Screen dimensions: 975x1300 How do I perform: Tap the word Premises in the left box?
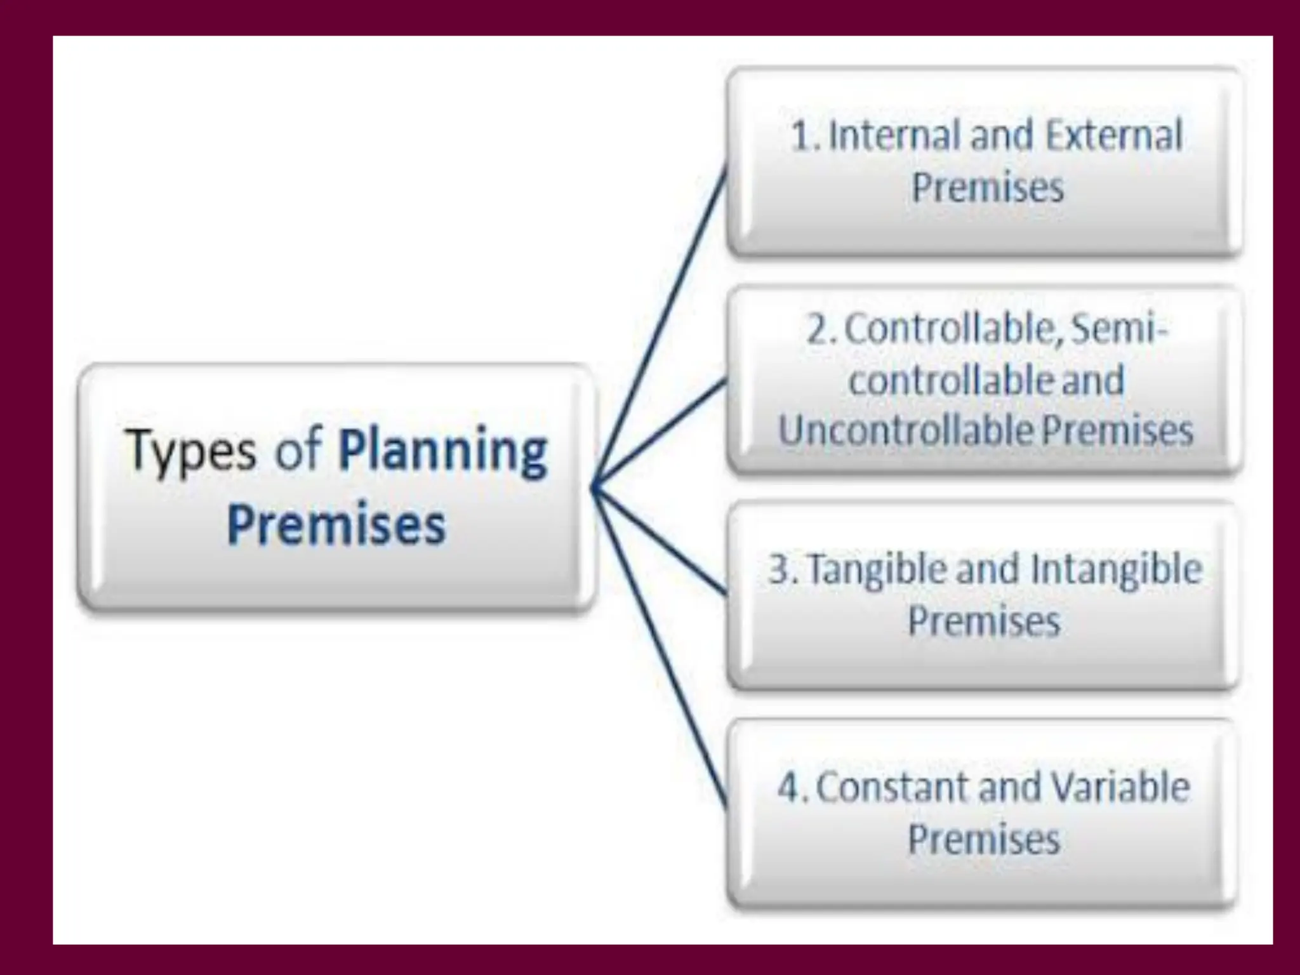[x=336, y=525]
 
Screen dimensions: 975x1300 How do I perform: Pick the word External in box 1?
[x=1113, y=136]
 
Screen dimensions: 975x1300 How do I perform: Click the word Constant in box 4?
[x=892, y=787]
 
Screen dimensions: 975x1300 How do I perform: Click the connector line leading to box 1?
[x=660, y=324]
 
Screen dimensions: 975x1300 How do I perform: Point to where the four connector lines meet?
[x=593, y=487]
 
